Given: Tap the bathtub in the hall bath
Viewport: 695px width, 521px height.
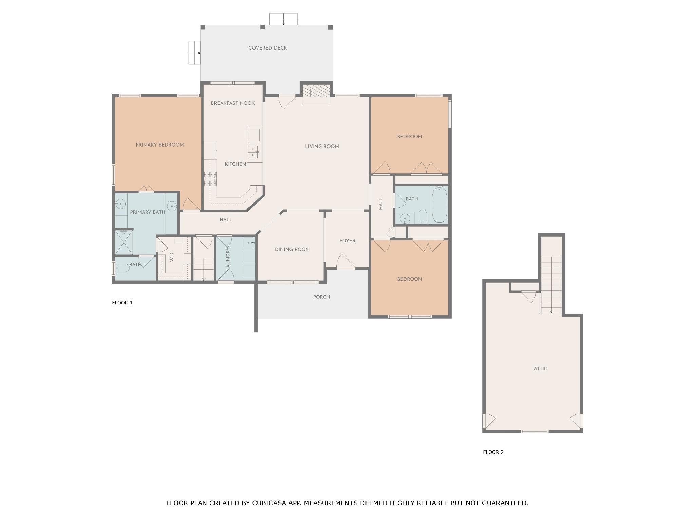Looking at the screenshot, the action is (x=439, y=204).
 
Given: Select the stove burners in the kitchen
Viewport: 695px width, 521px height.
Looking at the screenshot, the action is (x=210, y=179).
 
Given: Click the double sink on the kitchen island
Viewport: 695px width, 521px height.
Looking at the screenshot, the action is (x=253, y=152).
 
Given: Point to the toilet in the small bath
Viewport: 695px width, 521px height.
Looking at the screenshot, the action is (x=122, y=268).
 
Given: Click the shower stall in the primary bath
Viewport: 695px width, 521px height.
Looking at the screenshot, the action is (x=124, y=242).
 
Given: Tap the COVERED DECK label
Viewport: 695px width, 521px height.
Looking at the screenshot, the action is (x=268, y=48).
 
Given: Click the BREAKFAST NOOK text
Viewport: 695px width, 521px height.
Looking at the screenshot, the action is (x=233, y=103).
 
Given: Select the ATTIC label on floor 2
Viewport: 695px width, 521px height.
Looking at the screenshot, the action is (x=540, y=369).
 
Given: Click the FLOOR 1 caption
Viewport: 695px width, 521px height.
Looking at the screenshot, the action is (x=122, y=303).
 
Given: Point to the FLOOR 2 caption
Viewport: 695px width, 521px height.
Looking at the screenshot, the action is (x=493, y=452).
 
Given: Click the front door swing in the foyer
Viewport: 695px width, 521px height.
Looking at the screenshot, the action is (x=346, y=261).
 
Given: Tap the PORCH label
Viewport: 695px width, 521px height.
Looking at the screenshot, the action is (x=321, y=297).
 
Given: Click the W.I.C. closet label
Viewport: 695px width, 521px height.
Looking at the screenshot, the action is (x=171, y=256).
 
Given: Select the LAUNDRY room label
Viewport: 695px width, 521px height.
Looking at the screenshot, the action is (x=228, y=259).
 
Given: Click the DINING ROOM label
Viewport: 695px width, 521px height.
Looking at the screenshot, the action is (x=292, y=250).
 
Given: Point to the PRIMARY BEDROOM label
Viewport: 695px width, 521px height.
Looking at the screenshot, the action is (x=160, y=145).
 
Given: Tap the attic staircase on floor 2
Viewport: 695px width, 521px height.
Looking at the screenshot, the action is (x=551, y=285).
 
